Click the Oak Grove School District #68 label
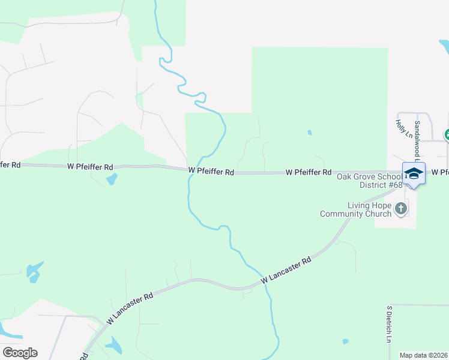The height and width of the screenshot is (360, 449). click(x=369, y=181)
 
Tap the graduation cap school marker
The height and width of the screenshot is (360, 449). click(x=414, y=173)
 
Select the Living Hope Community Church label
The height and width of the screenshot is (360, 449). click(x=354, y=209)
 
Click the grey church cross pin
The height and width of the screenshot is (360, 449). click(x=401, y=209)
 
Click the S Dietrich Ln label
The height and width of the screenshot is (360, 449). click(x=389, y=324)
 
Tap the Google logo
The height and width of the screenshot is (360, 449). click(x=20, y=353)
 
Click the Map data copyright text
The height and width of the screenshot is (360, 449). click(x=424, y=355)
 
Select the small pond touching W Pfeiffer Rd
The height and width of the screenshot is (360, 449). click(x=111, y=179)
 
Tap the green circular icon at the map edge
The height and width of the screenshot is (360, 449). click(x=447, y=135)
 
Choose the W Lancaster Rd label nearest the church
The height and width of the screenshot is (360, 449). click(x=287, y=271)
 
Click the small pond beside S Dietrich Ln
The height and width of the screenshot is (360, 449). click(x=346, y=341)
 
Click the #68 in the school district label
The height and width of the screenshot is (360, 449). click(x=394, y=185)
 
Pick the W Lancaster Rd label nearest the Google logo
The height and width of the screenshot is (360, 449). click(x=130, y=307)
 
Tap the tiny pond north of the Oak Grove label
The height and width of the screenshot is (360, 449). click(x=309, y=132)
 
